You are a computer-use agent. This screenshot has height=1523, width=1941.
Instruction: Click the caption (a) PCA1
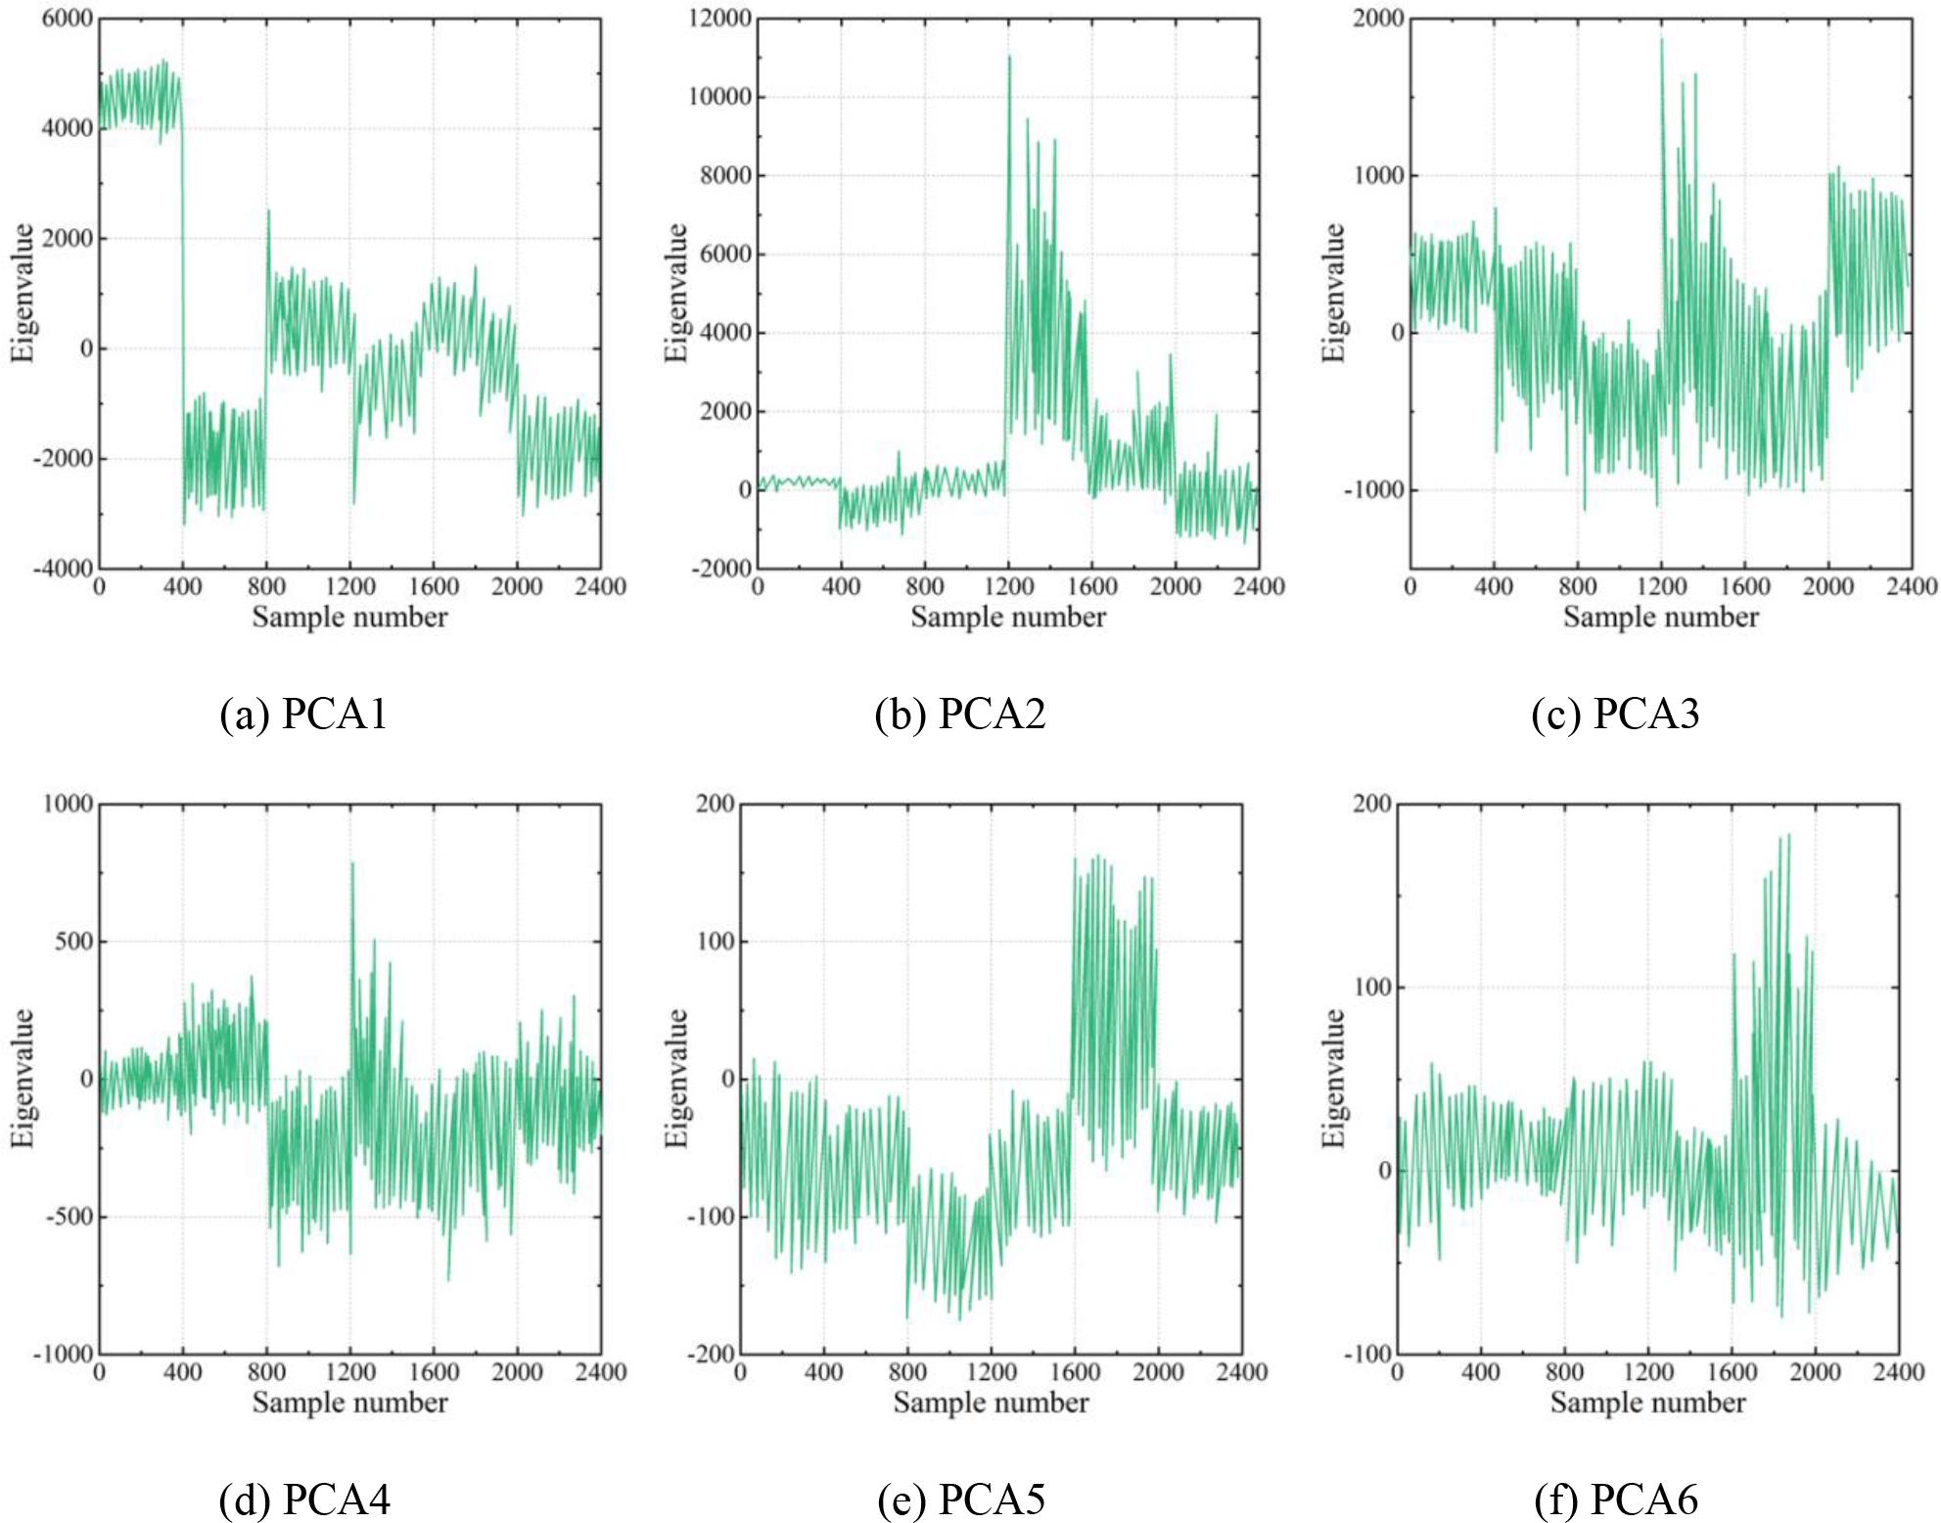click(303, 714)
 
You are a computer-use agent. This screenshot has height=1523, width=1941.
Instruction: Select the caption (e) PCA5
click(961, 1499)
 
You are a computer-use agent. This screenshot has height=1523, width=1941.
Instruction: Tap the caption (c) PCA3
click(1615, 714)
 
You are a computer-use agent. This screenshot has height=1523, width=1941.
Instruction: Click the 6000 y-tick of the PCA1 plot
click(68, 19)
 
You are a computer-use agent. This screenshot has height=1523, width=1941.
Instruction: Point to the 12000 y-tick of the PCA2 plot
click(720, 19)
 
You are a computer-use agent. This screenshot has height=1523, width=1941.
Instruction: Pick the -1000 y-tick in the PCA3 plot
click(1373, 490)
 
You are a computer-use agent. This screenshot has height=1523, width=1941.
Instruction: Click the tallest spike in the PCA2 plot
click(1009, 57)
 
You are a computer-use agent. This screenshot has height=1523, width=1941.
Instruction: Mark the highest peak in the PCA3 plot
click(1661, 39)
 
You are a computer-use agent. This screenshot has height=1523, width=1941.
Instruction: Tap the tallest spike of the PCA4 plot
click(352, 863)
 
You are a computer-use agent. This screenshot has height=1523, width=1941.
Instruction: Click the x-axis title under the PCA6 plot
click(1647, 1403)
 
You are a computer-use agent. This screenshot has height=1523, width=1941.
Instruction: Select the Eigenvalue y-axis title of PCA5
click(676, 1078)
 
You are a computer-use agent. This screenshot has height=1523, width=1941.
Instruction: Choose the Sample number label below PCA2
click(1008, 617)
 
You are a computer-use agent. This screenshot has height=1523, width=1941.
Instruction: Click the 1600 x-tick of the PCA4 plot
click(434, 1372)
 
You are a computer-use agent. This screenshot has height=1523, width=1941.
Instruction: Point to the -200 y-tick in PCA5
click(713, 1354)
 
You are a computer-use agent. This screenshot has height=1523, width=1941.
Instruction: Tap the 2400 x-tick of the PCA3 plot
click(1912, 586)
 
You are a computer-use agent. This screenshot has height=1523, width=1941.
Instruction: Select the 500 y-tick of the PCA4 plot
click(71, 942)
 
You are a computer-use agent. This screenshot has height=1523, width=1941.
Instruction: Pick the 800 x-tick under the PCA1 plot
click(266, 586)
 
